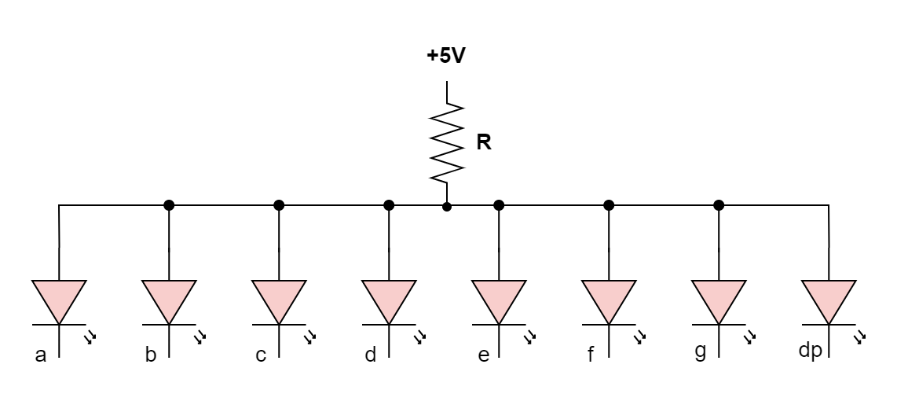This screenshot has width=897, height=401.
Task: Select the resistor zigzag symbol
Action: (447, 143)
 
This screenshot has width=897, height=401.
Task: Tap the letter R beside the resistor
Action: (484, 143)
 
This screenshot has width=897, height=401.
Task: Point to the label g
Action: (700, 351)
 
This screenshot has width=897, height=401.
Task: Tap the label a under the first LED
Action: (41, 355)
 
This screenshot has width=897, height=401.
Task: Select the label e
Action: (483, 355)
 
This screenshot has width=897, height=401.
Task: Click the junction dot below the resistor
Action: (447, 206)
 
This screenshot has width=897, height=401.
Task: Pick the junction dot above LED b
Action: (169, 205)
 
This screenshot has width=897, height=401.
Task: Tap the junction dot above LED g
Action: (719, 205)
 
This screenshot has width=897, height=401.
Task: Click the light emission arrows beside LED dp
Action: (860, 337)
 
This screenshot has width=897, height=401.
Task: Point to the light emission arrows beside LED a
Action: (90, 337)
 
